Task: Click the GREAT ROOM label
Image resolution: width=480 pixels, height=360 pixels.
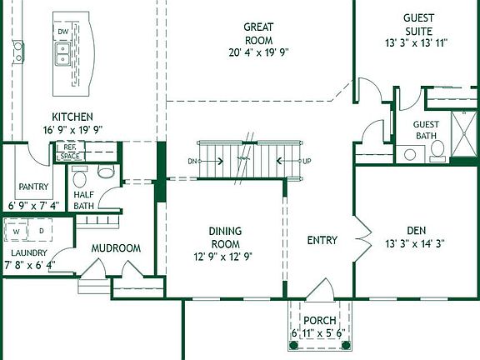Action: pyautogui.click(x=258, y=32)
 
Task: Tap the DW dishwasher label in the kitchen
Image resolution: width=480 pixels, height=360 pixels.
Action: pyautogui.click(x=63, y=32)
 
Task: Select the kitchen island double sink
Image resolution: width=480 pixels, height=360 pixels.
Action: pyautogui.click(x=62, y=55)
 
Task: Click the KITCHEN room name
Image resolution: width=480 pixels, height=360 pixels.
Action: pyautogui.click(x=72, y=117)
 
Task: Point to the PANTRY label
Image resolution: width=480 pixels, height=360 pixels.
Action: pyautogui.click(x=33, y=187)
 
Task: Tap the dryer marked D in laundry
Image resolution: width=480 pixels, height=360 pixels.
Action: pyautogui.click(x=41, y=230)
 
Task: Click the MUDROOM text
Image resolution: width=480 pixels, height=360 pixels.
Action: pyautogui.click(x=115, y=248)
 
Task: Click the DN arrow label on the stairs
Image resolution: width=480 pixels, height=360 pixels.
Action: pyautogui.click(x=192, y=161)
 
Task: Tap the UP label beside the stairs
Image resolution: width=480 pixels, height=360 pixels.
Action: pyautogui.click(x=307, y=161)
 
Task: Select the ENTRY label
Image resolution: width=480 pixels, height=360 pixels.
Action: pyautogui.click(x=322, y=241)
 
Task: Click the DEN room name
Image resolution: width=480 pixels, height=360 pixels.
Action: pyautogui.click(x=417, y=231)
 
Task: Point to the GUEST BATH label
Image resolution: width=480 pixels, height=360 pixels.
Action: pyautogui.click(x=426, y=130)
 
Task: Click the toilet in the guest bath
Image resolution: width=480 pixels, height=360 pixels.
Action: pyautogui.click(x=437, y=151)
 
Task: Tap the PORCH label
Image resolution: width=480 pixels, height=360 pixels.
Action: pyautogui.click(x=319, y=321)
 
